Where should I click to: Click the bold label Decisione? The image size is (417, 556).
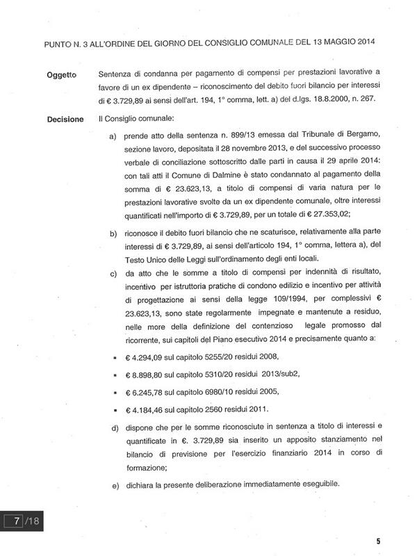[65, 120]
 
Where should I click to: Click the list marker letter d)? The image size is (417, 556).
[115, 425]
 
